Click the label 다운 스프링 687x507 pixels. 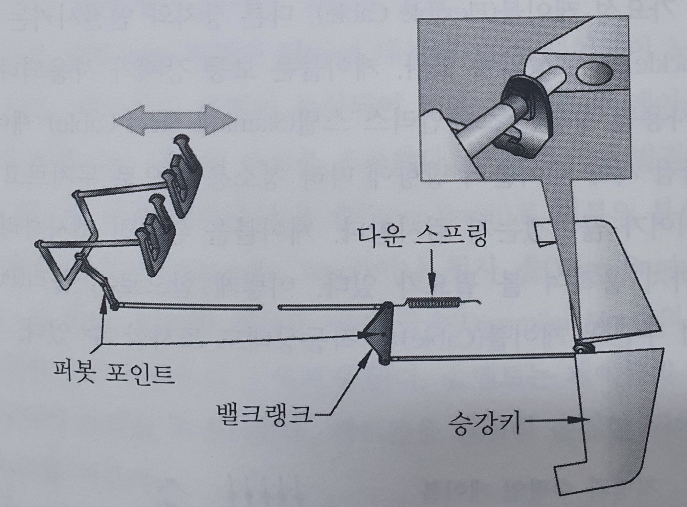click(421, 237)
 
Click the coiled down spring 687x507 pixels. click(433, 302)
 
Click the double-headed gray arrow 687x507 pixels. click(175, 120)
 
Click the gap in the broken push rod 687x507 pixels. click(270, 308)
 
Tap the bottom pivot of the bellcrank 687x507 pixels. click(385, 360)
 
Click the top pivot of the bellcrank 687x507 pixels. click(388, 306)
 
